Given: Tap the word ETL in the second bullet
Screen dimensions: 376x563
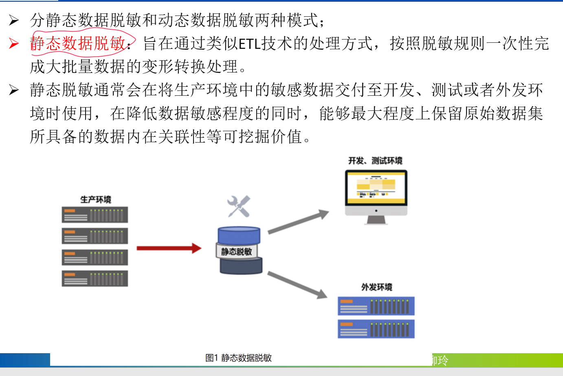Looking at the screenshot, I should coord(249,44).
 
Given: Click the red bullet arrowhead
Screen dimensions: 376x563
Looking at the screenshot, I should coord(14,43).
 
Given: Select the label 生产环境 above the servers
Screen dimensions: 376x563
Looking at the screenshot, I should coord(96,199).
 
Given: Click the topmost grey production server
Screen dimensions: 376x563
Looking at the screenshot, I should coord(95,215).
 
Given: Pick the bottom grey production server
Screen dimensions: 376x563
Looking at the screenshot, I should coord(95,279).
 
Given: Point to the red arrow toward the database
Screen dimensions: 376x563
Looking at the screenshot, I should coord(169,248).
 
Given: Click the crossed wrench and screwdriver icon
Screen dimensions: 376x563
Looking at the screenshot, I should coord(239,207).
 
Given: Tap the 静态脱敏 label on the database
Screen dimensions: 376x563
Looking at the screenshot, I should coord(236,251).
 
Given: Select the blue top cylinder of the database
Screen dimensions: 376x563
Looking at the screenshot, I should coord(239,235).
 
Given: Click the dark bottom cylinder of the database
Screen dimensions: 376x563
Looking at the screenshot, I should coord(241,266).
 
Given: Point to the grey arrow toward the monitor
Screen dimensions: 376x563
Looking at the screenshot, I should coord(298,222).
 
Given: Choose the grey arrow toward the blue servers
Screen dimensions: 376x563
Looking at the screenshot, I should coord(297,285).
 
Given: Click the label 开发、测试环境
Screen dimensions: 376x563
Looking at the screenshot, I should coord(375,161).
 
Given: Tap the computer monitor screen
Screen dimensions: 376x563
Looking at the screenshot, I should coord(376,188).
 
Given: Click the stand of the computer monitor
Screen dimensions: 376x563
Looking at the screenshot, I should coord(376,220).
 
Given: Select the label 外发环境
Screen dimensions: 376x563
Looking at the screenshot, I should coord(377,287).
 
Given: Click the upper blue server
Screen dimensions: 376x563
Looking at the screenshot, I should coord(376,306).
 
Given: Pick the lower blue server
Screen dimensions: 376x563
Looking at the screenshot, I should coord(376,329).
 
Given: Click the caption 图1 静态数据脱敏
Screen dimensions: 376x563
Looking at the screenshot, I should coord(238,358).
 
